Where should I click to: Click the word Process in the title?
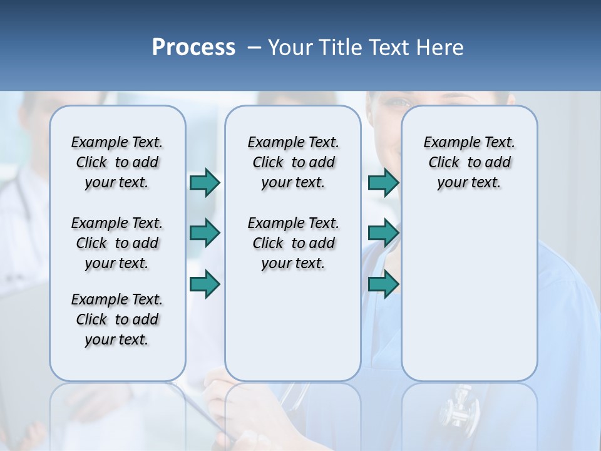pyautogui.click(x=193, y=48)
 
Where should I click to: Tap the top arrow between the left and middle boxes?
pyautogui.click(x=205, y=182)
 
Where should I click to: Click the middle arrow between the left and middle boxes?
pyautogui.click(x=205, y=233)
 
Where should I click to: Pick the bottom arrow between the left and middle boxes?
pyautogui.click(x=205, y=284)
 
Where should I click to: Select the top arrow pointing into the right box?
pyautogui.click(x=383, y=182)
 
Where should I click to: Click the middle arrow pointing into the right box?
pyautogui.click(x=383, y=233)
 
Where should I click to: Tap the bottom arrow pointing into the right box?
pyautogui.click(x=383, y=284)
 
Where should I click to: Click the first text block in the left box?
pyautogui.click(x=117, y=162)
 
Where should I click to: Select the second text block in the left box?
pyautogui.click(x=117, y=243)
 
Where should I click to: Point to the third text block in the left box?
pyautogui.click(x=117, y=319)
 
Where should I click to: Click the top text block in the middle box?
pyautogui.click(x=293, y=162)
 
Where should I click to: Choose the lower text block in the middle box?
pyautogui.click(x=293, y=243)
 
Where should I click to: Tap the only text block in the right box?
pyautogui.click(x=469, y=162)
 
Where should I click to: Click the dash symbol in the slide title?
pyautogui.click(x=254, y=48)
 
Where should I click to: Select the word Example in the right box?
pyautogui.click(x=445, y=143)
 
